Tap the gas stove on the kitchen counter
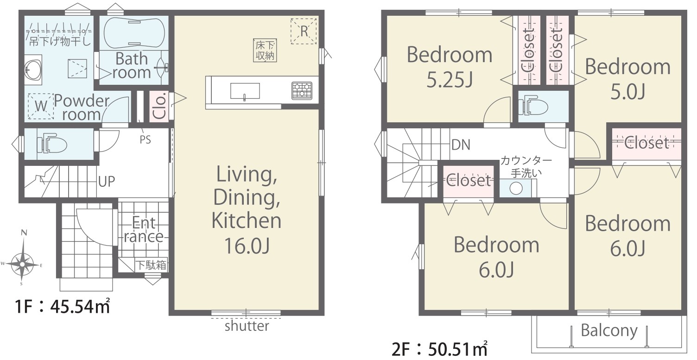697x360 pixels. (x=302, y=90)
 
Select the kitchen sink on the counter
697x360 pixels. (x=245, y=91)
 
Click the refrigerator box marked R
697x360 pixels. (x=304, y=31)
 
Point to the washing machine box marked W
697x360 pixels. (x=41, y=106)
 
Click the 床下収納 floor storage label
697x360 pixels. (x=265, y=50)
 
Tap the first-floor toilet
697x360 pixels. (x=52, y=145)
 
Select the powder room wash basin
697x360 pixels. (x=33, y=70)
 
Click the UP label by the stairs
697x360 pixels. (x=107, y=181)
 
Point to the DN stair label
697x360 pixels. (x=461, y=145)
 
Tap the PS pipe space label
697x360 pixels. (x=146, y=140)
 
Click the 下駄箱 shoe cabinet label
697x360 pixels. (x=151, y=265)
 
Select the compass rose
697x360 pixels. (x=22, y=264)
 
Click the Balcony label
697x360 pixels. (x=609, y=330)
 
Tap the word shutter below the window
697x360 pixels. (x=247, y=326)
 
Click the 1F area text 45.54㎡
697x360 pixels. (x=80, y=306)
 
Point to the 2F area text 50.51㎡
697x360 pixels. (x=458, y=349)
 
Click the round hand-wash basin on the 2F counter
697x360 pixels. (x=516, y=188)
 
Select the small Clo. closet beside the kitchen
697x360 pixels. (x=159, y=107)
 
